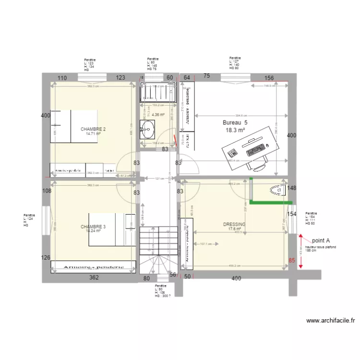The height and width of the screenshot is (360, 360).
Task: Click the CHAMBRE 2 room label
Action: point(93,129)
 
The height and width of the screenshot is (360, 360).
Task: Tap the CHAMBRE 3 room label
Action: point(93,227)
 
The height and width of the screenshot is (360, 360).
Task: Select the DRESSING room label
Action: point(234,224)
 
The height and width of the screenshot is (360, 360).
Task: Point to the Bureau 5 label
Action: point(234,122)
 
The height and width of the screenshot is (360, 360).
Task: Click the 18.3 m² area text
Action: point(235,130)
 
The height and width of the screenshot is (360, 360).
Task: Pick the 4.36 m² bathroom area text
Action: point(158,115)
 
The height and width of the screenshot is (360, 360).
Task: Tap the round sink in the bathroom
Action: point(148,128)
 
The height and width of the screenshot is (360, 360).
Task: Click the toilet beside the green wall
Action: point(277,191)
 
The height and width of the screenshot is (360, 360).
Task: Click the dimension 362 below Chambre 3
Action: point(94,277)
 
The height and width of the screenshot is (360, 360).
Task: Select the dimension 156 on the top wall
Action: point(269,78)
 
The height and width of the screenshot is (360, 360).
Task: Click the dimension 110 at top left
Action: point(62,78)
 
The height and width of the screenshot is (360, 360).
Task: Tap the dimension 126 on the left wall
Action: point(46,258)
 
